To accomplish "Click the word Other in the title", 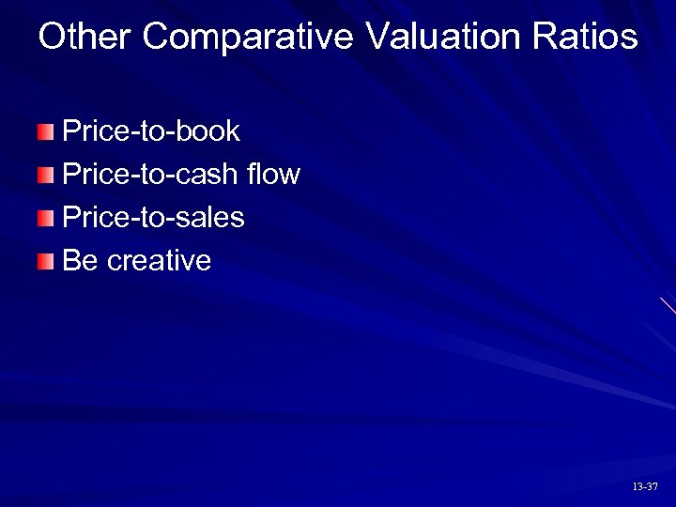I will tap(85, 38).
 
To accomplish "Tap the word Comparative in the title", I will tap(249, 38).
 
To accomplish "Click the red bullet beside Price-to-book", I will tap(47, 131).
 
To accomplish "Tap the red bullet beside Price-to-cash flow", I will tap(47, 175).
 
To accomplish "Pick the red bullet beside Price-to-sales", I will tap(47, 219).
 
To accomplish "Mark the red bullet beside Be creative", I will tap(47, 262).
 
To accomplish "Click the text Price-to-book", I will tap(151, 131).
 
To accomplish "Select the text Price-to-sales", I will tap(153, 218).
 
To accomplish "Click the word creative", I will tap(160, 261).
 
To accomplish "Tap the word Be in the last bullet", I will tap(80, 261).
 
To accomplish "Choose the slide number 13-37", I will tap(645, 486).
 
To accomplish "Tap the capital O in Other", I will tap(53, 38).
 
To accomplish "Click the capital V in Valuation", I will tap(376, 38).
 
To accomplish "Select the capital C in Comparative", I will tap(159, 38).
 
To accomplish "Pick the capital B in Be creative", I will tap(70, 261).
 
